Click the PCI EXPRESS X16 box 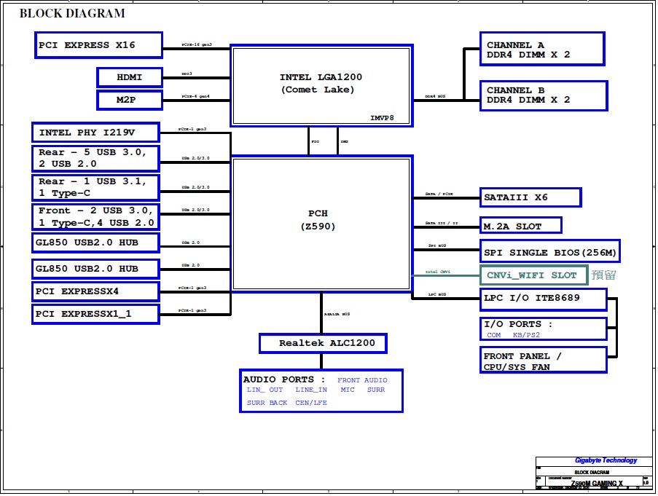point(98,45)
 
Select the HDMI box point(129,77)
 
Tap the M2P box point(129,100)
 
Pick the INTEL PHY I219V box point(95,133)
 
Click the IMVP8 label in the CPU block point(382,117)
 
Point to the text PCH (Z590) point(318,220)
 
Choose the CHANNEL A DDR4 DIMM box point(542,50)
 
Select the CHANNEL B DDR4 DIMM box point(543,95)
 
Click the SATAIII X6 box point(530,197)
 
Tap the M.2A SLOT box point(521,226)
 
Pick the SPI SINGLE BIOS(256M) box point(550,253)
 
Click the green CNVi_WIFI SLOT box point(533,275)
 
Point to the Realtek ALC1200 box point(322,343)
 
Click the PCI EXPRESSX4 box point(95,291)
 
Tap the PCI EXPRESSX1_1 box point(95,315)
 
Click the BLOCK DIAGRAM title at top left point(71,13)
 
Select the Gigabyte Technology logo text point(606,460)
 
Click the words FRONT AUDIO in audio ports point(362,380)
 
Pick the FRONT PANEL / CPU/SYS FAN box point(544,361)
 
